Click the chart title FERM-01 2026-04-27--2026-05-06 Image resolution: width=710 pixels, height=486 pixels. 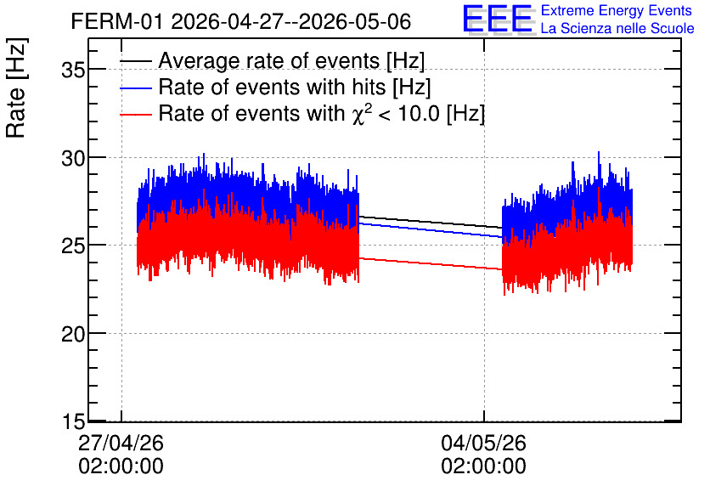click(241, 21)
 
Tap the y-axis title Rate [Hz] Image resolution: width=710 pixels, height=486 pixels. click(16, 88)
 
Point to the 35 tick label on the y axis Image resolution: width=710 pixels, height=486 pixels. click(73, 71)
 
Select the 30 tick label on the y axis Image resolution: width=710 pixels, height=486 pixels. click(73, 159)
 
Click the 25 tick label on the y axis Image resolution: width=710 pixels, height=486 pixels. click(73, 246)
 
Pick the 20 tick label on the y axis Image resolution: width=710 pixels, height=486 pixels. click(73, 334)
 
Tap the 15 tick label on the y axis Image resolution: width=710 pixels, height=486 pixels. click(73, 422)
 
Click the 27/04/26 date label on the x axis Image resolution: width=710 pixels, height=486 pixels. click(121, 443)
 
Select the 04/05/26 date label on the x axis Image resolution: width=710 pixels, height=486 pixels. click(483, 443)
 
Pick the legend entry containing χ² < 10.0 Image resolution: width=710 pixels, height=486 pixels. click(322, 113)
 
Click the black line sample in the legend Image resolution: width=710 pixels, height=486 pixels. click(135, 61)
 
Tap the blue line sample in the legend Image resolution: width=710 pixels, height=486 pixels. click(135, 88)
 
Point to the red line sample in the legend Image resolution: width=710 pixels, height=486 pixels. click(135, 115)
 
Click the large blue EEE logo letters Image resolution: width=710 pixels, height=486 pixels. click(498, 19)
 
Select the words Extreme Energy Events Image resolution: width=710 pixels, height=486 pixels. click(617, 10)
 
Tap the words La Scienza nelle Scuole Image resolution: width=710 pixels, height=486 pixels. click(617, 28)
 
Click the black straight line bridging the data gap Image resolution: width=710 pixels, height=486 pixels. click(431, 222)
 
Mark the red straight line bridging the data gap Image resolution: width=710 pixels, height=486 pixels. click(431, 263)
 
